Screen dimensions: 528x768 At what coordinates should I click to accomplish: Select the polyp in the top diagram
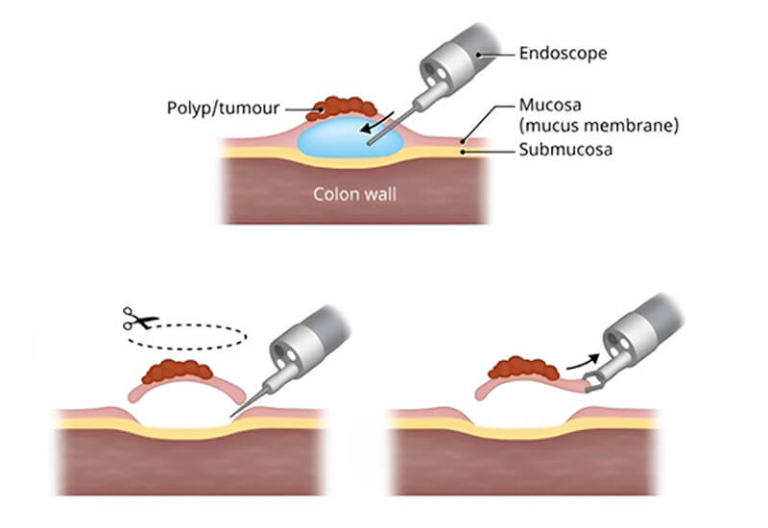tap(340, 107)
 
